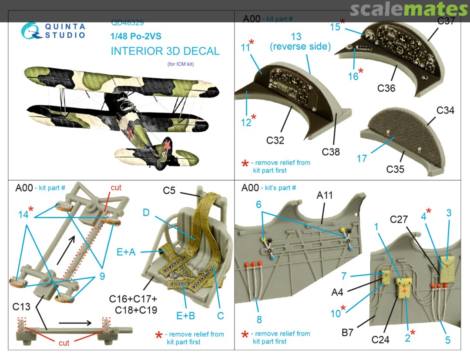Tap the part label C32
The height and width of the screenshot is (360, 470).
click(275, 140)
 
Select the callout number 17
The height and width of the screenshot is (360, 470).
click(362, 159)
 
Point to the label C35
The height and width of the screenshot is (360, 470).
click(395, 169)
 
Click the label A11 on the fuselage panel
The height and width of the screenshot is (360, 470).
click(325, 196)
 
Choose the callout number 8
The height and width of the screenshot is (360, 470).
click(259, 320)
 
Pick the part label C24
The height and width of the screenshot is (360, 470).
click(380, 339)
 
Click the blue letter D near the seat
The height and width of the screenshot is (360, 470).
click(146, 213)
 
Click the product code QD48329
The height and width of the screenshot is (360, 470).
click(128, 23)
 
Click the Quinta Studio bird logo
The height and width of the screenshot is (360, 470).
click(31, 31)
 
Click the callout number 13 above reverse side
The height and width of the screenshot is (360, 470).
click(296, 37)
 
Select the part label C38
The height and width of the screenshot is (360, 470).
click(331, 152)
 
